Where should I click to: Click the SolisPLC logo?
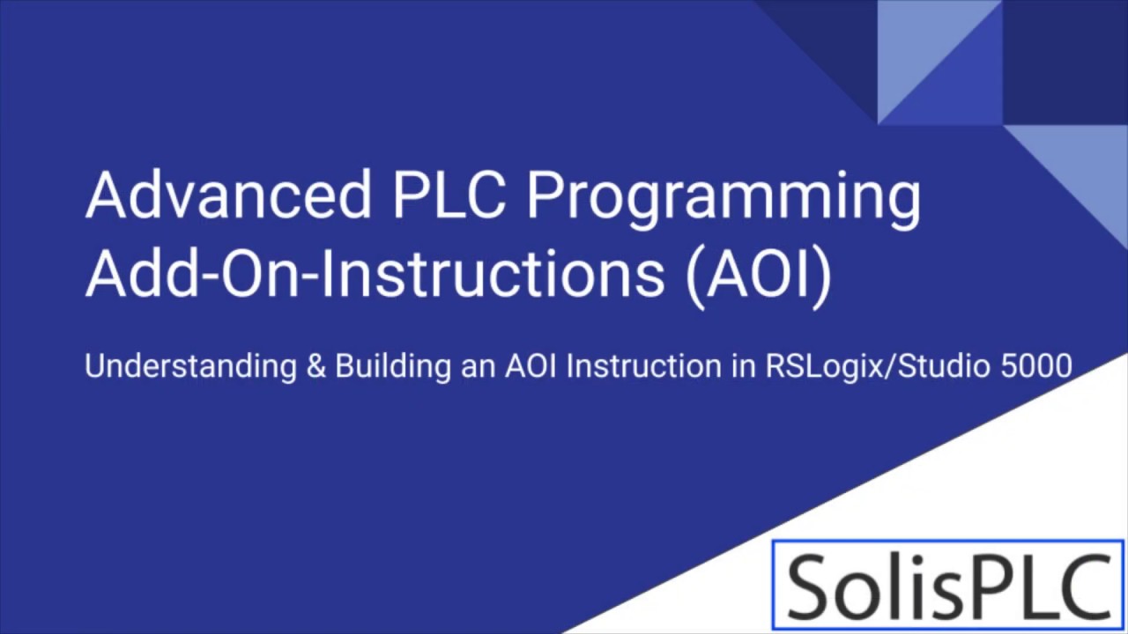[948, 585]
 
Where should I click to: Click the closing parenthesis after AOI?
[821, 276]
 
